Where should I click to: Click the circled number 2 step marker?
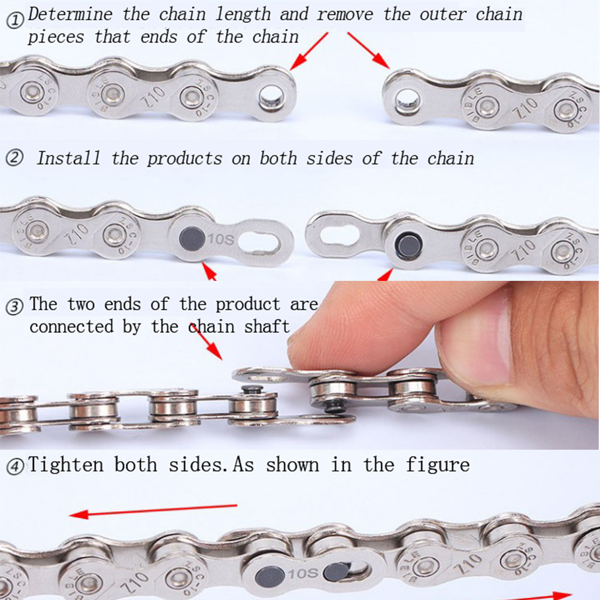point(14,157)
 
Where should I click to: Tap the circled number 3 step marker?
point(15,307)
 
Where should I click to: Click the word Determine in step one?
point(70,14)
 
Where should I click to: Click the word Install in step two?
point(68,157)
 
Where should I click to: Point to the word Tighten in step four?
point(66,465)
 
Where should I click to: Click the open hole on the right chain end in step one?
point(407,101)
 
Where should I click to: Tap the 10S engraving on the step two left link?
point(221,239)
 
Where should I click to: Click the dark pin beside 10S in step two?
point(192,239)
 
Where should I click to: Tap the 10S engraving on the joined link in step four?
point(302,573)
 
